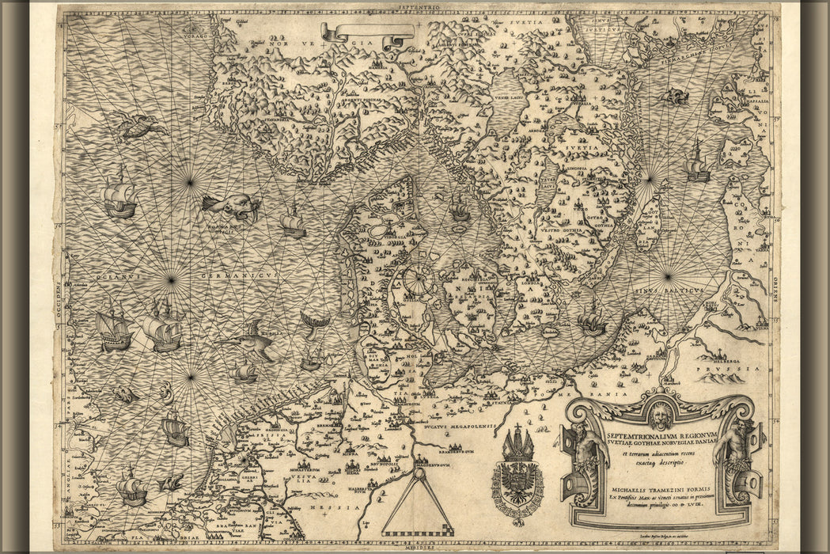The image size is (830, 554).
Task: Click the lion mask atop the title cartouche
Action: [660, 413]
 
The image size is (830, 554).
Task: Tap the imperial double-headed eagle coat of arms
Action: [517, 479]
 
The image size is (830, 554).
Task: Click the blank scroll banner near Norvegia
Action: [368, 32]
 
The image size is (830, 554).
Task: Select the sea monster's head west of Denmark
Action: [233, 207]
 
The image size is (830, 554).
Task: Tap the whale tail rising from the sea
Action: [314, 323]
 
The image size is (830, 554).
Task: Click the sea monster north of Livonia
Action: [675, 97]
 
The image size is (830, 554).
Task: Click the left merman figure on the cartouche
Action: [584, 459]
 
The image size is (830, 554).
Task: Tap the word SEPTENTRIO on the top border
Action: [419, 6]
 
